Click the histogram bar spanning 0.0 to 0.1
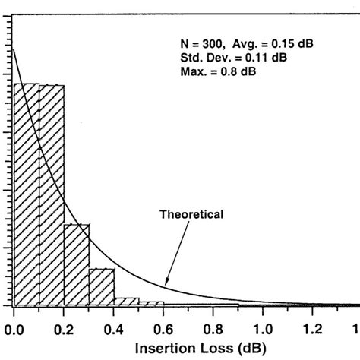(26, 194)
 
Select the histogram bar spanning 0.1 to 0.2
(51, 194)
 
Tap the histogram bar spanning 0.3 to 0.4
(101, 286)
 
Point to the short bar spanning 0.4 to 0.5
(126, 302)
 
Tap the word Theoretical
(191, 215)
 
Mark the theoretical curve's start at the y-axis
(14, 50)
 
